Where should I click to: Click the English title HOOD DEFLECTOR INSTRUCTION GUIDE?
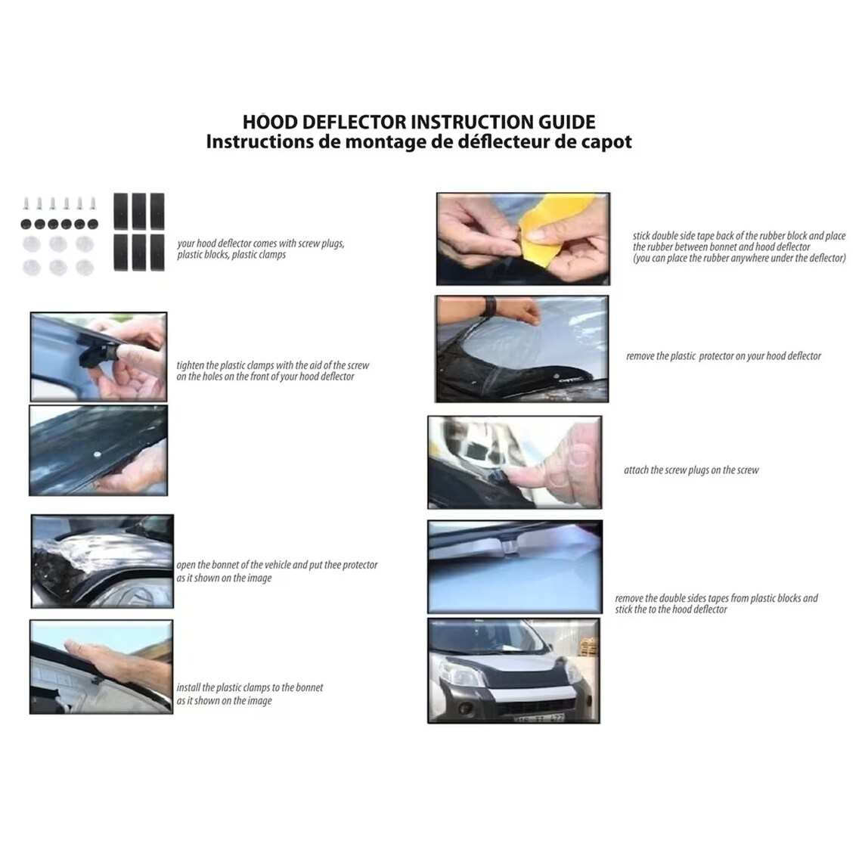[418, 122]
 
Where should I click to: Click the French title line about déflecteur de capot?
[418, 142]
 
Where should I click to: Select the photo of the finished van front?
[513, 671]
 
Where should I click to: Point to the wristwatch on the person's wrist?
[491, 305]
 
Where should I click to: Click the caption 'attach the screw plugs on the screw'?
[690, 470]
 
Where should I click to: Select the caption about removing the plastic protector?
[723, 356]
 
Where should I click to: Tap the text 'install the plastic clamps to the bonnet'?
[250, 688]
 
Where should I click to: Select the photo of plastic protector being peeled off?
[522, 349]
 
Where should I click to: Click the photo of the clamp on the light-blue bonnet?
[514, 566]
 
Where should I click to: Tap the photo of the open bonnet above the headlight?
[102, 561]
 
